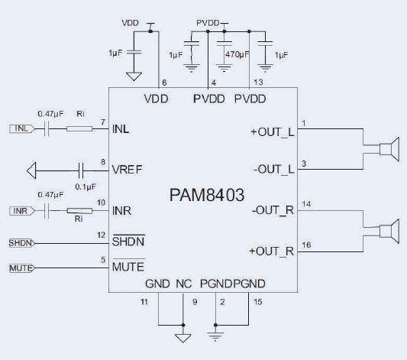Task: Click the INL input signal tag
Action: (x=21, y=128)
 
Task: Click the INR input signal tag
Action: (x=21, y=210)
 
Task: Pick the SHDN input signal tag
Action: (x=20, y=243)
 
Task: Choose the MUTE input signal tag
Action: (x=20, y=268)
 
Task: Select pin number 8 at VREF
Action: (x=102, y=161)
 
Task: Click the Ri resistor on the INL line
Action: (x=78, y=128)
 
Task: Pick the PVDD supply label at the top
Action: (x=208, y=24)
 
